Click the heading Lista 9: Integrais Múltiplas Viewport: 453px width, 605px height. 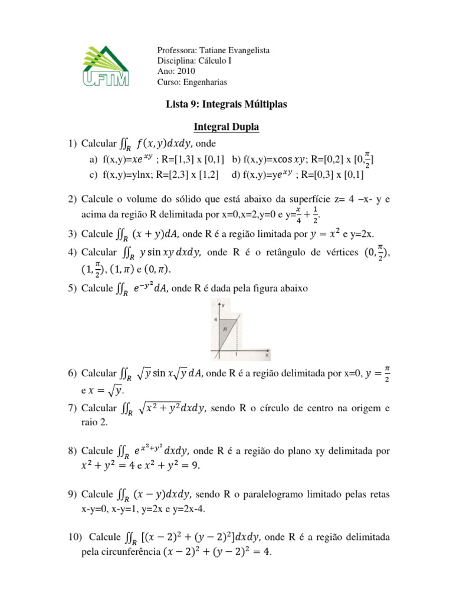pyautogui.click(x=227, y=104)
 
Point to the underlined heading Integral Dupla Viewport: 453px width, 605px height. pyautogui.click(x=227, y=126)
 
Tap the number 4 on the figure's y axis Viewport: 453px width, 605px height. pyautogui.click(x=216, y=318)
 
